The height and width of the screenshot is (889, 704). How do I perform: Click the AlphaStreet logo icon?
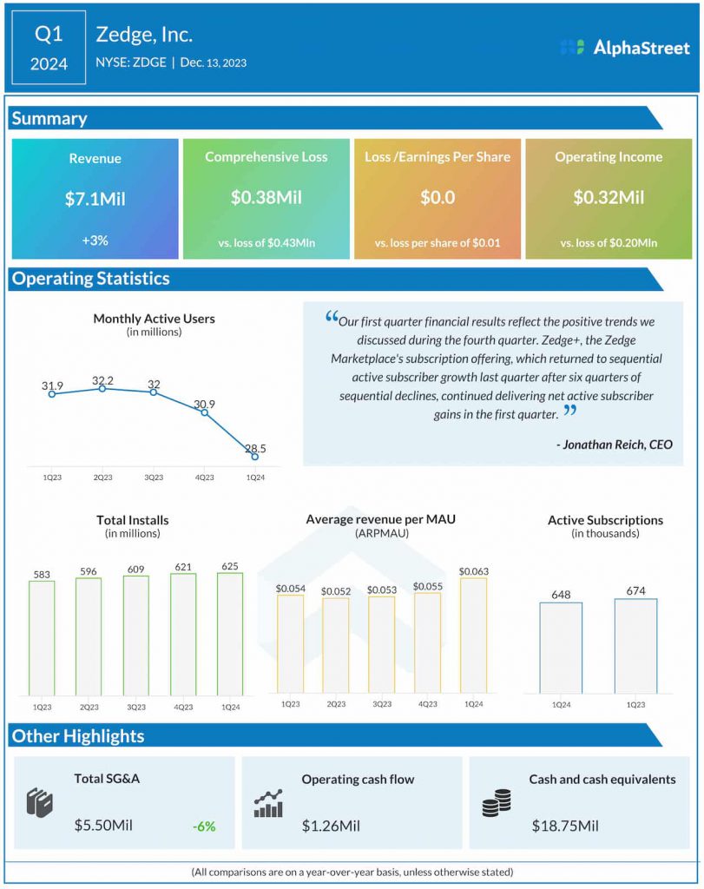click(x=571, y=48)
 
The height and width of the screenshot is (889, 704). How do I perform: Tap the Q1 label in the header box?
click(x=49, y=36)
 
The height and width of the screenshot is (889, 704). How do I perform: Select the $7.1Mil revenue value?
click(x=95, y=199)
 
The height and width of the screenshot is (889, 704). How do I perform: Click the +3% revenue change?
click(x=95, y=240)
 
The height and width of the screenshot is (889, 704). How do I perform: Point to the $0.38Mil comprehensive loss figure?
click(x=266, y=197)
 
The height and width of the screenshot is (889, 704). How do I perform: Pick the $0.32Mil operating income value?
click(x=609, y=197)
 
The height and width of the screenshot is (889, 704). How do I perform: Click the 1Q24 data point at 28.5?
click(x=254, y=456)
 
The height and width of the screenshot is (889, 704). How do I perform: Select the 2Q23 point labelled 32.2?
click(x=102, y=388)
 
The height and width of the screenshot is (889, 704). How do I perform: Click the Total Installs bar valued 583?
click(x=42, y=637)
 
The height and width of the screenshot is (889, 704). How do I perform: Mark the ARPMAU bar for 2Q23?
click(x=335, y=646)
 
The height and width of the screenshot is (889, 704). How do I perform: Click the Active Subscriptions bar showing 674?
click(x=635, y=646)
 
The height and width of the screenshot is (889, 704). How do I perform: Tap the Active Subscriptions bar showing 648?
click(x=561, y=648)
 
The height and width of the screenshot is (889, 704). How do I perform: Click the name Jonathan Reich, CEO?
click(x=614, y=444)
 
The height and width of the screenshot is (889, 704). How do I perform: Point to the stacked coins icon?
click(x=497, y=803)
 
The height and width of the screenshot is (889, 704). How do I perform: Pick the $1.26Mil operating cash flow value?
click(x=331, y=825)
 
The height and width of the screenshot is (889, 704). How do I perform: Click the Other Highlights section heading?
click(x=78, y=736)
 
